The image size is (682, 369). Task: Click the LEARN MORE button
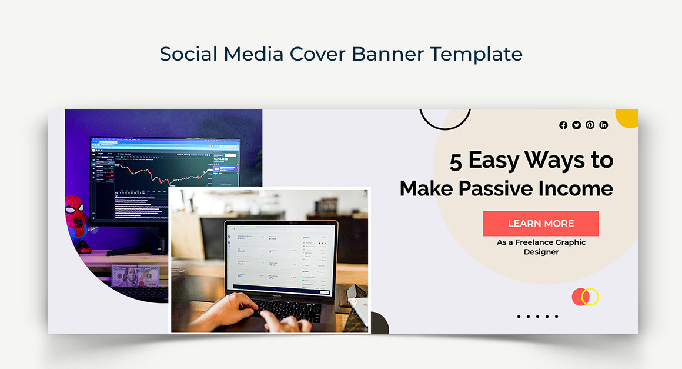point(541,224)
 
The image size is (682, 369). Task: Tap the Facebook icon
point(563,125)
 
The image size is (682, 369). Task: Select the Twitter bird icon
point(577,125)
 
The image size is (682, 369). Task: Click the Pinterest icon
point(590,125)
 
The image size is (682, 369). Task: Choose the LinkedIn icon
point(603,125)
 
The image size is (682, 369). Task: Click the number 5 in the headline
point(456,161)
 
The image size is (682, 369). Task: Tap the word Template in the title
point(476,54)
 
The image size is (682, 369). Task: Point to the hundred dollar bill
point(136,276)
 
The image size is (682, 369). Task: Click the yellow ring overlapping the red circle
point(590,297)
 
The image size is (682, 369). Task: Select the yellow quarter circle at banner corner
point(628,117)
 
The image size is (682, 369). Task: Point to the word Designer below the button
point(541,252)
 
